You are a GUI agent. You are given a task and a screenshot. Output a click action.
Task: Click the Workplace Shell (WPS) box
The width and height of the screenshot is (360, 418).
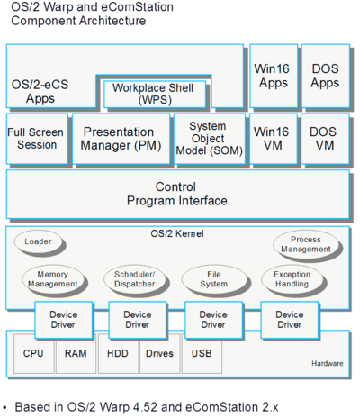tap(155, 94)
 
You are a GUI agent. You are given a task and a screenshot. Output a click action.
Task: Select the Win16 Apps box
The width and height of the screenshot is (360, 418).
tap(274, 76)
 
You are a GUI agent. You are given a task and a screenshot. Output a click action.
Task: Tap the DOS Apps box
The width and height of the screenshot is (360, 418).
tap(326, 76)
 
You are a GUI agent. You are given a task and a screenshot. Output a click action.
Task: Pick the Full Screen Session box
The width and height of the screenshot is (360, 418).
tap(37, 139)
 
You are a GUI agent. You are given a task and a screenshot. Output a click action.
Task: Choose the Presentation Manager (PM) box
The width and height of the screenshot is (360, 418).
tap(121, 139)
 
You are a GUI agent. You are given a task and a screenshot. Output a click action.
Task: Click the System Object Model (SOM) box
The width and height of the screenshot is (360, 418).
tap(210, 139)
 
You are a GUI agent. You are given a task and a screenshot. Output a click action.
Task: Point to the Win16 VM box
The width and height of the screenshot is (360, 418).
tap(274, 139)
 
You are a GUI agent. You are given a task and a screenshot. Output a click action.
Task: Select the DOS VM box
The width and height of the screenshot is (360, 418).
tap(326, 139)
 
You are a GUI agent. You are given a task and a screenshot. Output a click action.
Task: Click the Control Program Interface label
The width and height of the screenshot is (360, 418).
tap(176, 194)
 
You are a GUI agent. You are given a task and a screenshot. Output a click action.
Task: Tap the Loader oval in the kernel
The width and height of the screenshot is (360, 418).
tap(38, 241)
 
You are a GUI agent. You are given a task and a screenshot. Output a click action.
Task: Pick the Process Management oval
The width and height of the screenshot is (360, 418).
tap(306, 244)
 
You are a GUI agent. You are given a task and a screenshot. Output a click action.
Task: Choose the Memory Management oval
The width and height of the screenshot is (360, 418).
tap(53, 279)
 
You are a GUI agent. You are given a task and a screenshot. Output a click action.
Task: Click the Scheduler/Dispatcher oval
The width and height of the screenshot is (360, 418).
tap(135, 279)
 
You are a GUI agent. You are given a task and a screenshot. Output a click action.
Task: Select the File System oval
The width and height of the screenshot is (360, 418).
tap(214, 279)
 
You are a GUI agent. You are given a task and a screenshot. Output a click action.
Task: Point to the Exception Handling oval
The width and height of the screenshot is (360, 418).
tap(292, 279)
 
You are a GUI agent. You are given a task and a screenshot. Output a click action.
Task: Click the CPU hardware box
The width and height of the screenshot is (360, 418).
tap(34, 353)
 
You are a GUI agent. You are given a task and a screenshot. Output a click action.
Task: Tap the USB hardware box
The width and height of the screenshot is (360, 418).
tap(202, 353)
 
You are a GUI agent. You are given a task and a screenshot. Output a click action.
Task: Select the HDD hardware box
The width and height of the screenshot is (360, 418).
tap(118, 353)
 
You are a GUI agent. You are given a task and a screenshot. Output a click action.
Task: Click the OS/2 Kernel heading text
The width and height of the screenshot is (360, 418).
tap(177, 233)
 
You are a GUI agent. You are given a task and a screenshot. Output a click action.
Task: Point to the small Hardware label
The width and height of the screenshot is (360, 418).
tap(328, 363)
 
